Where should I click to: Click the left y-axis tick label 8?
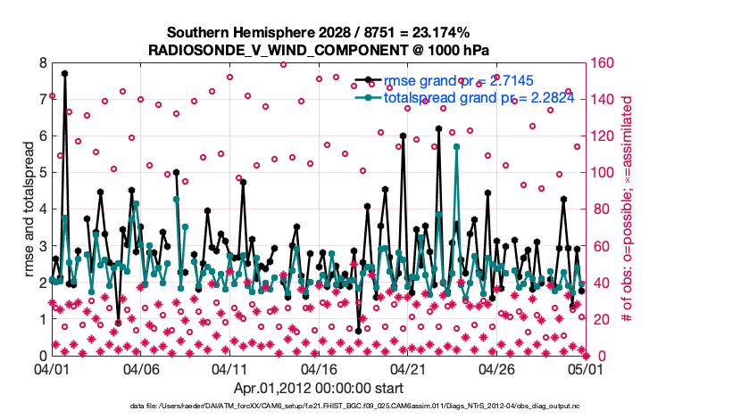click(x=42, y=63)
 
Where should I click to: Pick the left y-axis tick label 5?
click(x=42, y=173)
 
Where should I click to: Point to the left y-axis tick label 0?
click(x=42, y=356)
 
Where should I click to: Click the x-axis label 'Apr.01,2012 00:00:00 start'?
click(x=318, y=388)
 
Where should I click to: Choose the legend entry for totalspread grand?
click(x=446, y=98)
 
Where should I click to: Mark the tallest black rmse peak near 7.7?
click(x=64, y=74)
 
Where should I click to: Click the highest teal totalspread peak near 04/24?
click(x=456, y=146)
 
